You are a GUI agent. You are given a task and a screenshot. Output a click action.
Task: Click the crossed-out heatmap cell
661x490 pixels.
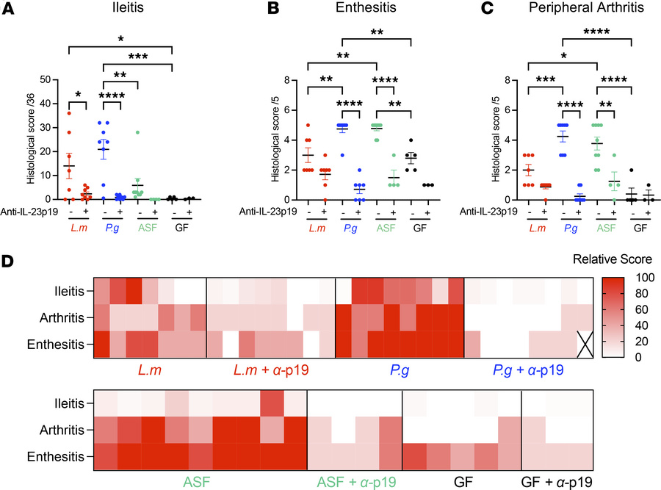pyautogui.click(x=585, y=342)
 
